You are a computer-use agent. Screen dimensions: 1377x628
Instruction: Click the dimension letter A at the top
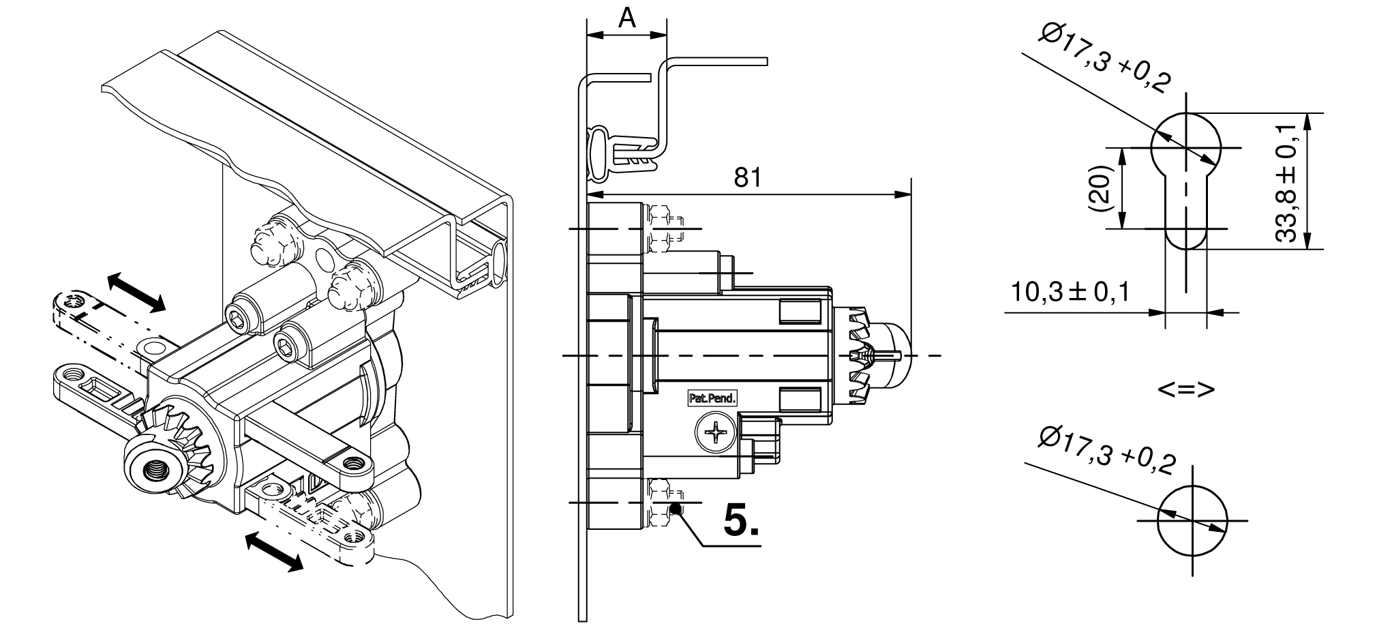626,18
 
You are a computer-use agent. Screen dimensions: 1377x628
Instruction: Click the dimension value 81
747,178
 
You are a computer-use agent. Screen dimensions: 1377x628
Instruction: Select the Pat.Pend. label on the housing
711,398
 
